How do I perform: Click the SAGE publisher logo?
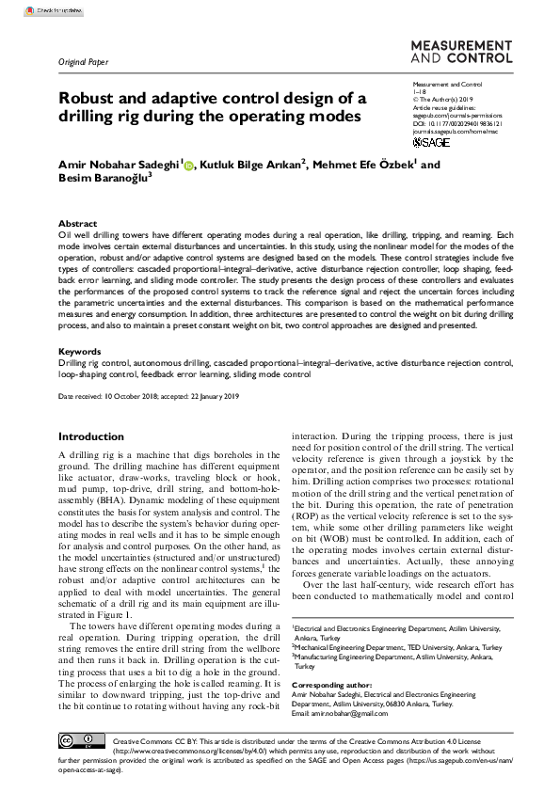tap(431, 143)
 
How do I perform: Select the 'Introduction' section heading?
tap(90, 437)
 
